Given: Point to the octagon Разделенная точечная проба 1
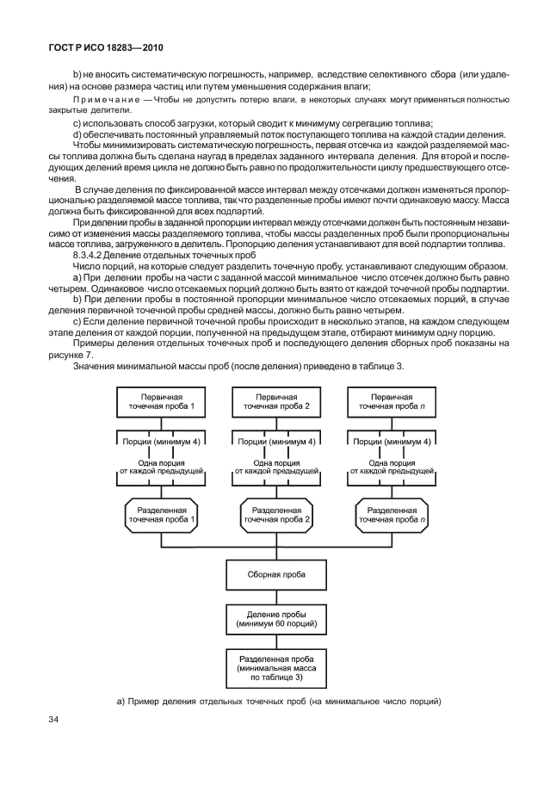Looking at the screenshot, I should pos(163,514).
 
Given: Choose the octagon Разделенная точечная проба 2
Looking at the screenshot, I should pos(277,514).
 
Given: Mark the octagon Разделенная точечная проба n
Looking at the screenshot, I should pos(392,514).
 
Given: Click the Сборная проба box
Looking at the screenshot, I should pos(277,574).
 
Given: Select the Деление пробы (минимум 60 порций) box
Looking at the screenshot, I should pos(277,617).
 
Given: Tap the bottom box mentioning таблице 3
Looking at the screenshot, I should pos(277,666).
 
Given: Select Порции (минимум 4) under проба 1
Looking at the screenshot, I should pos(163,442).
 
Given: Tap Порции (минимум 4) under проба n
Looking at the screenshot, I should pos(392,442).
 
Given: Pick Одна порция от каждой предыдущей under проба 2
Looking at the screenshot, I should pos(277,467).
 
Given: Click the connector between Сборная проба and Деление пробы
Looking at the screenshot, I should pos(277,595).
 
